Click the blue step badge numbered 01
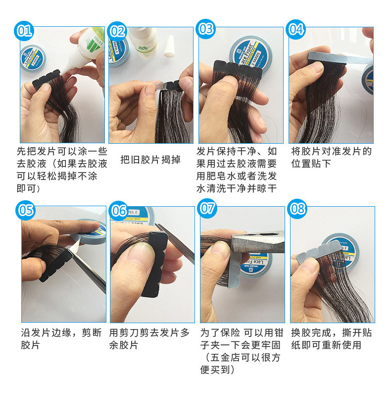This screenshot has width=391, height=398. [24, 31]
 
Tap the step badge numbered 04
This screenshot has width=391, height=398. [295, 29]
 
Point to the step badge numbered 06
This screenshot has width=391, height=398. [119, 210]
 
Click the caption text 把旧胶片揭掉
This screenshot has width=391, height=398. [150, 160]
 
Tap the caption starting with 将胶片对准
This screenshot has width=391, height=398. [331, 157]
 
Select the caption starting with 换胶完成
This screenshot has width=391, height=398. [331, 339]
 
